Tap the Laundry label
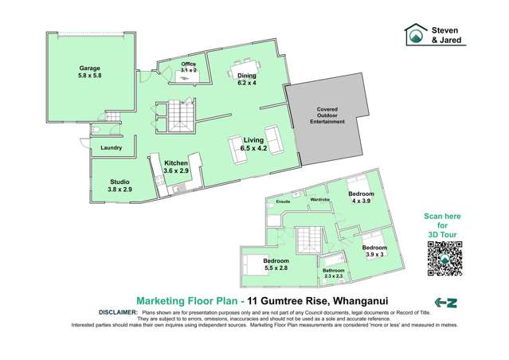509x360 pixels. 111,147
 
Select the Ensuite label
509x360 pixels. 283,203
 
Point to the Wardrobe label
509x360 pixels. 319,199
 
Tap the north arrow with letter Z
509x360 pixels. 445,302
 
